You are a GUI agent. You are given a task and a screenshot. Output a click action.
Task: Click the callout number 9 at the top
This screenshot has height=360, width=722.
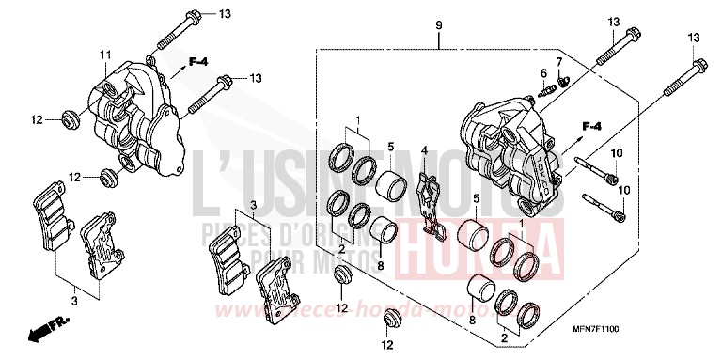(438, 23)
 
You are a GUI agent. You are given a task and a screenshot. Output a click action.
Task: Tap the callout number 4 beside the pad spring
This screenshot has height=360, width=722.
(424, 150)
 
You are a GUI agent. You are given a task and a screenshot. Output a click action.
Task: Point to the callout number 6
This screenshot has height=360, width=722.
(543, 72)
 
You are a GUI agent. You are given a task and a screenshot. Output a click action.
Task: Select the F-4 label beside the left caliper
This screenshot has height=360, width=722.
(196, 63)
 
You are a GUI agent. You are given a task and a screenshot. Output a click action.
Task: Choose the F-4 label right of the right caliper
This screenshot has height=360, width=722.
(590, 126)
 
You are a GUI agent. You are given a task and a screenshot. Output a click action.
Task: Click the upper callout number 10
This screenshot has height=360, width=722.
(617, 152)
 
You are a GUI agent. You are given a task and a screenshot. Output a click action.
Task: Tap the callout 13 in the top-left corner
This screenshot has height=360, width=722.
(224, 14)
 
